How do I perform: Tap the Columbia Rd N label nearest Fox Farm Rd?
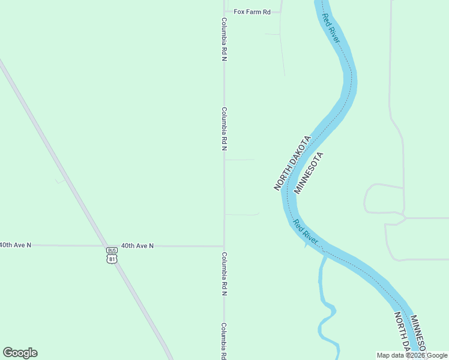point(224,40)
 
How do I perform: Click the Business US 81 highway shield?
point(112,255)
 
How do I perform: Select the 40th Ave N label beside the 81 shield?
point(137,245)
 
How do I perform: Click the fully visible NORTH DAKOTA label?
point(292,163)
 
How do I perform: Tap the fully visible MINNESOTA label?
point(309,173)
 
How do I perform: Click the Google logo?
point(20,353)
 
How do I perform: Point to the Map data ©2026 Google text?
point(412,355)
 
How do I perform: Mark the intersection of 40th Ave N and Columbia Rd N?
point(224,246)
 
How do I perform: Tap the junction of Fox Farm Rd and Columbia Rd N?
point(224,11)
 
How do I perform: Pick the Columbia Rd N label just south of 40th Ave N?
point(224,274)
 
